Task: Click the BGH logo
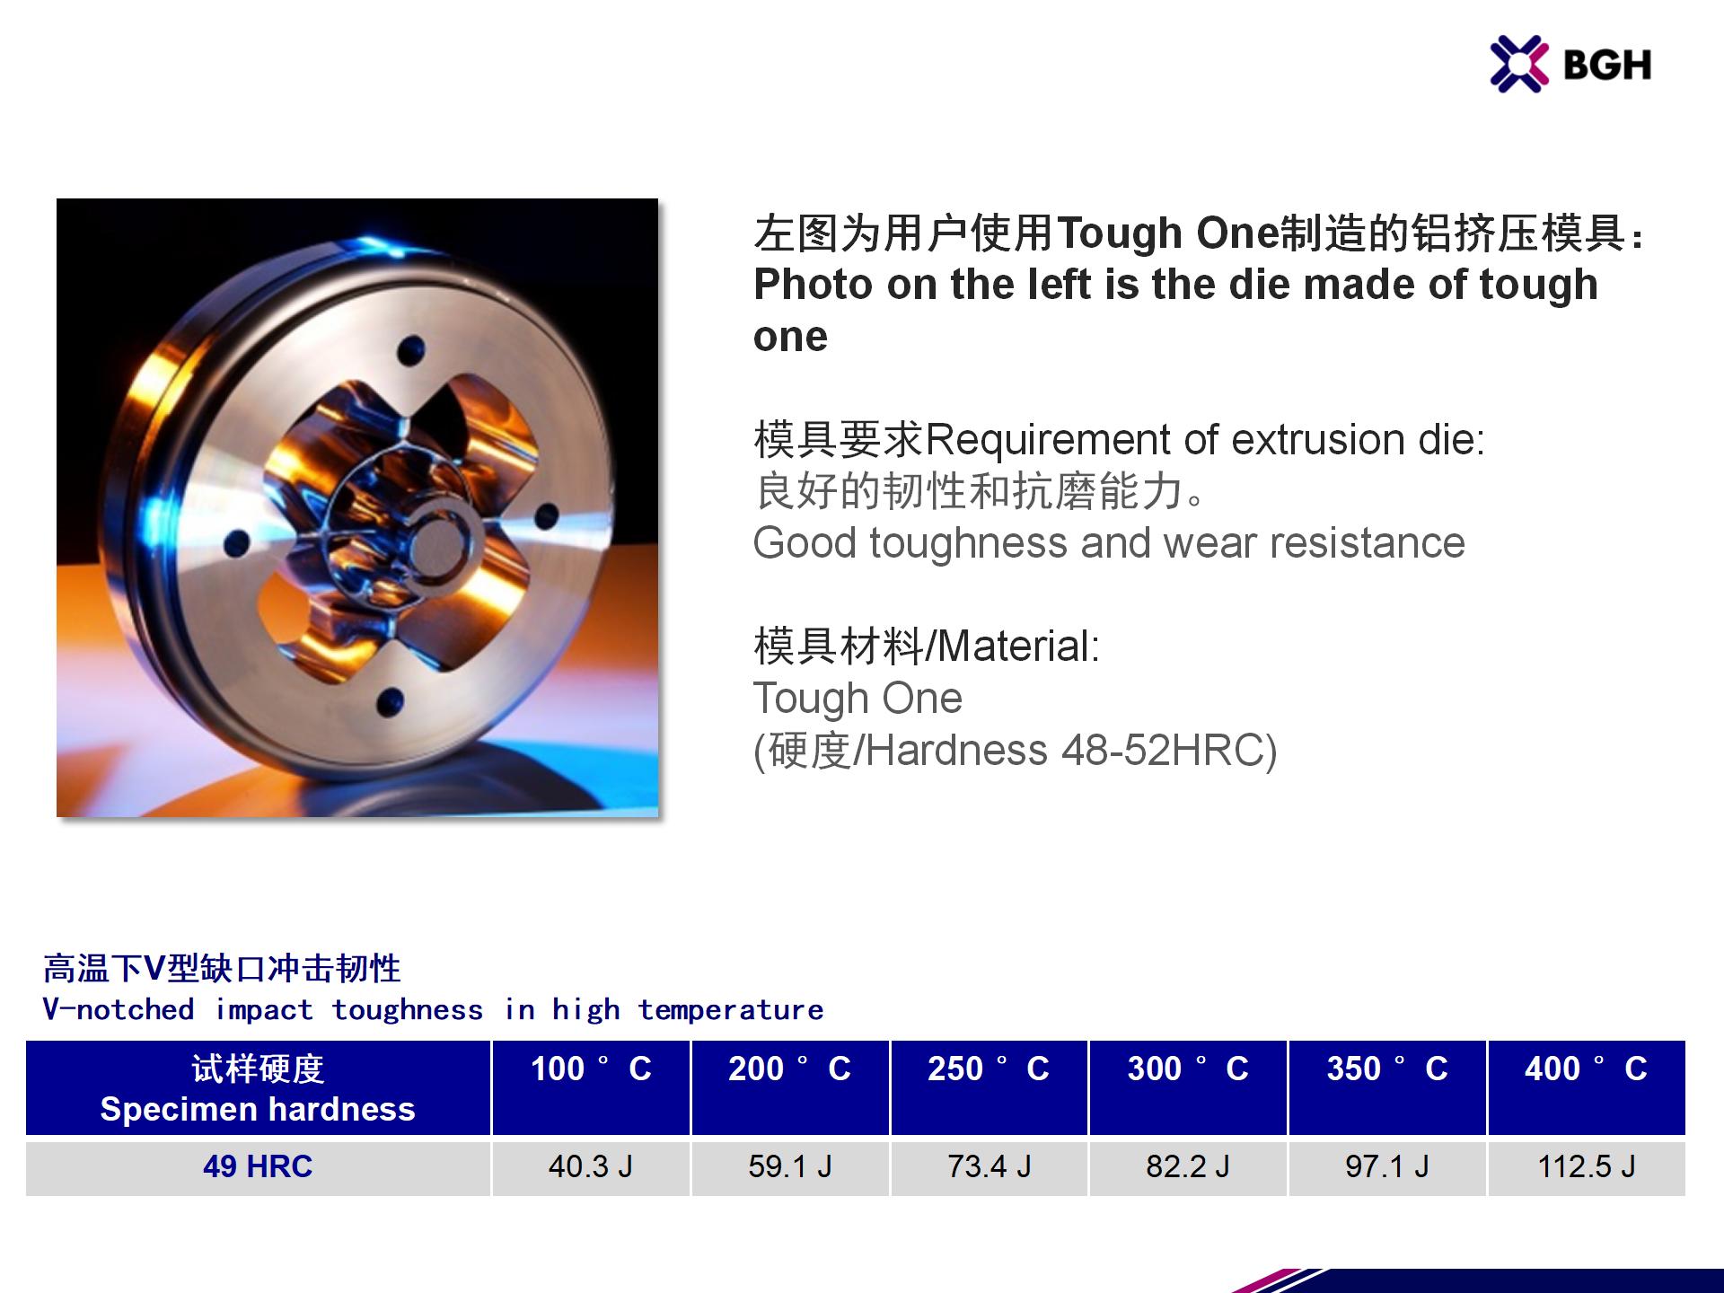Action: click(1570, 64)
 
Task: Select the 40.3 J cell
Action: click(591, 1166)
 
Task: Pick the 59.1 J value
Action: click(790, 1166)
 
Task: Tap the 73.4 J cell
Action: click(990, 1166)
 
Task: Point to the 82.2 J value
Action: click(1188, 1166)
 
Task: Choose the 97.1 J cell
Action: click(1387, 1166)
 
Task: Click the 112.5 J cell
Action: click(1587, 1166)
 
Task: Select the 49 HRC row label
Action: click(258, 1166)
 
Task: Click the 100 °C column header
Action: click(591, 1069)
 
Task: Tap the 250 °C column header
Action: click(989, 1069)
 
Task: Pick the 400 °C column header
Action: click(1587, 1069)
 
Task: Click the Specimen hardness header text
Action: click(258, 1109)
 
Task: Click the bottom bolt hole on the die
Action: click(390, 702)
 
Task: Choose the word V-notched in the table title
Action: click(119, 1009)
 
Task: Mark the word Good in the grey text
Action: click(805, 543)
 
